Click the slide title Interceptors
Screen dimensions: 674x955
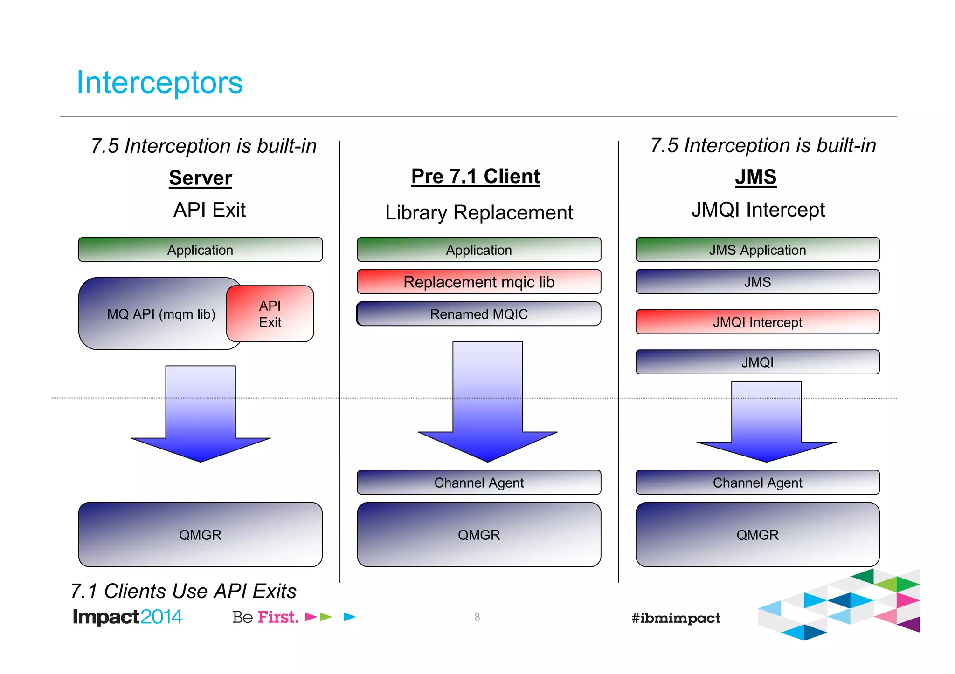[159, 83]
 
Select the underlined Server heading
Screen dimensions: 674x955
[201, 178]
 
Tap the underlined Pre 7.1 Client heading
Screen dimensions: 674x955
[475, 177]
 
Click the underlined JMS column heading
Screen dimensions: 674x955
[755, 177]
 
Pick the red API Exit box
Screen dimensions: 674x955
[270, 314]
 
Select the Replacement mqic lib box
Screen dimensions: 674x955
[479, 282]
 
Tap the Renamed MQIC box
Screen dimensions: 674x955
[479, 314]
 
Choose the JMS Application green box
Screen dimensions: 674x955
[757, 250]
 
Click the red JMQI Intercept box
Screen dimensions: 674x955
[757, 322]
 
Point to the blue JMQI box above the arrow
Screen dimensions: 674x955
[757, 362]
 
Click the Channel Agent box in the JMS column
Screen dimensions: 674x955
[757, 483]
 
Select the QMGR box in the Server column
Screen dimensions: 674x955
[201, 534]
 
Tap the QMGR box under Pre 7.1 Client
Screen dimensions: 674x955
[479, 534]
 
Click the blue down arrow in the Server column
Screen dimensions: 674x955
[201, 419]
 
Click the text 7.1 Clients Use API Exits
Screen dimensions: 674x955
[183, 591]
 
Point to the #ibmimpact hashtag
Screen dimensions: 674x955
[676, 618]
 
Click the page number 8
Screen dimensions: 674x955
[477, 617]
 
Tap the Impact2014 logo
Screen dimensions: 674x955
[127, 617]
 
